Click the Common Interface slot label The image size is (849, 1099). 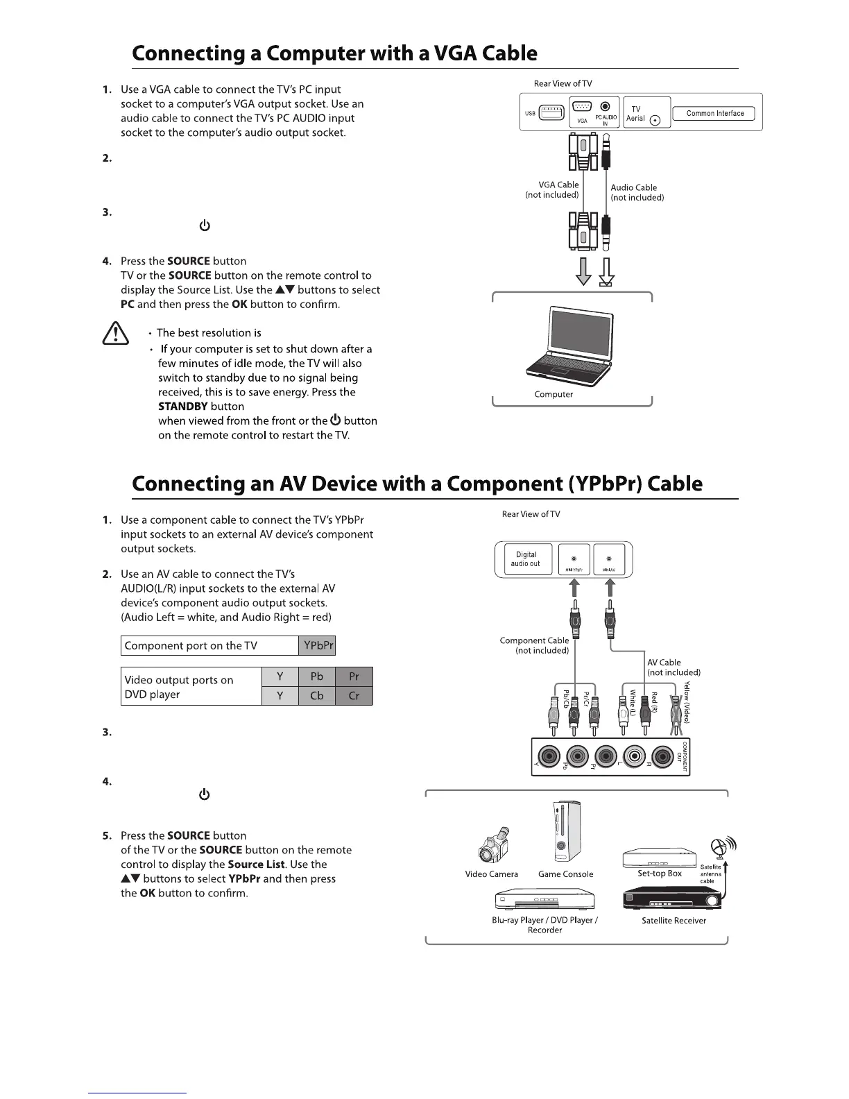click(714, 113)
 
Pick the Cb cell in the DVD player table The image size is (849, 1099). click(316, 695)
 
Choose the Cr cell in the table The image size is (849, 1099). click(354, 695)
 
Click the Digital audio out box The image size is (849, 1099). click(525, 559)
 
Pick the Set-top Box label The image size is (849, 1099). click(659, 874)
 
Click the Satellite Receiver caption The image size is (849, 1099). click(674, 921)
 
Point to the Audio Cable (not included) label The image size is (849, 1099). click(637, 192)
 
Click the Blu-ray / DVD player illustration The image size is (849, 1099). click(544, 900)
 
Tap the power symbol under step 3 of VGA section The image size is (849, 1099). click(204, 226)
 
